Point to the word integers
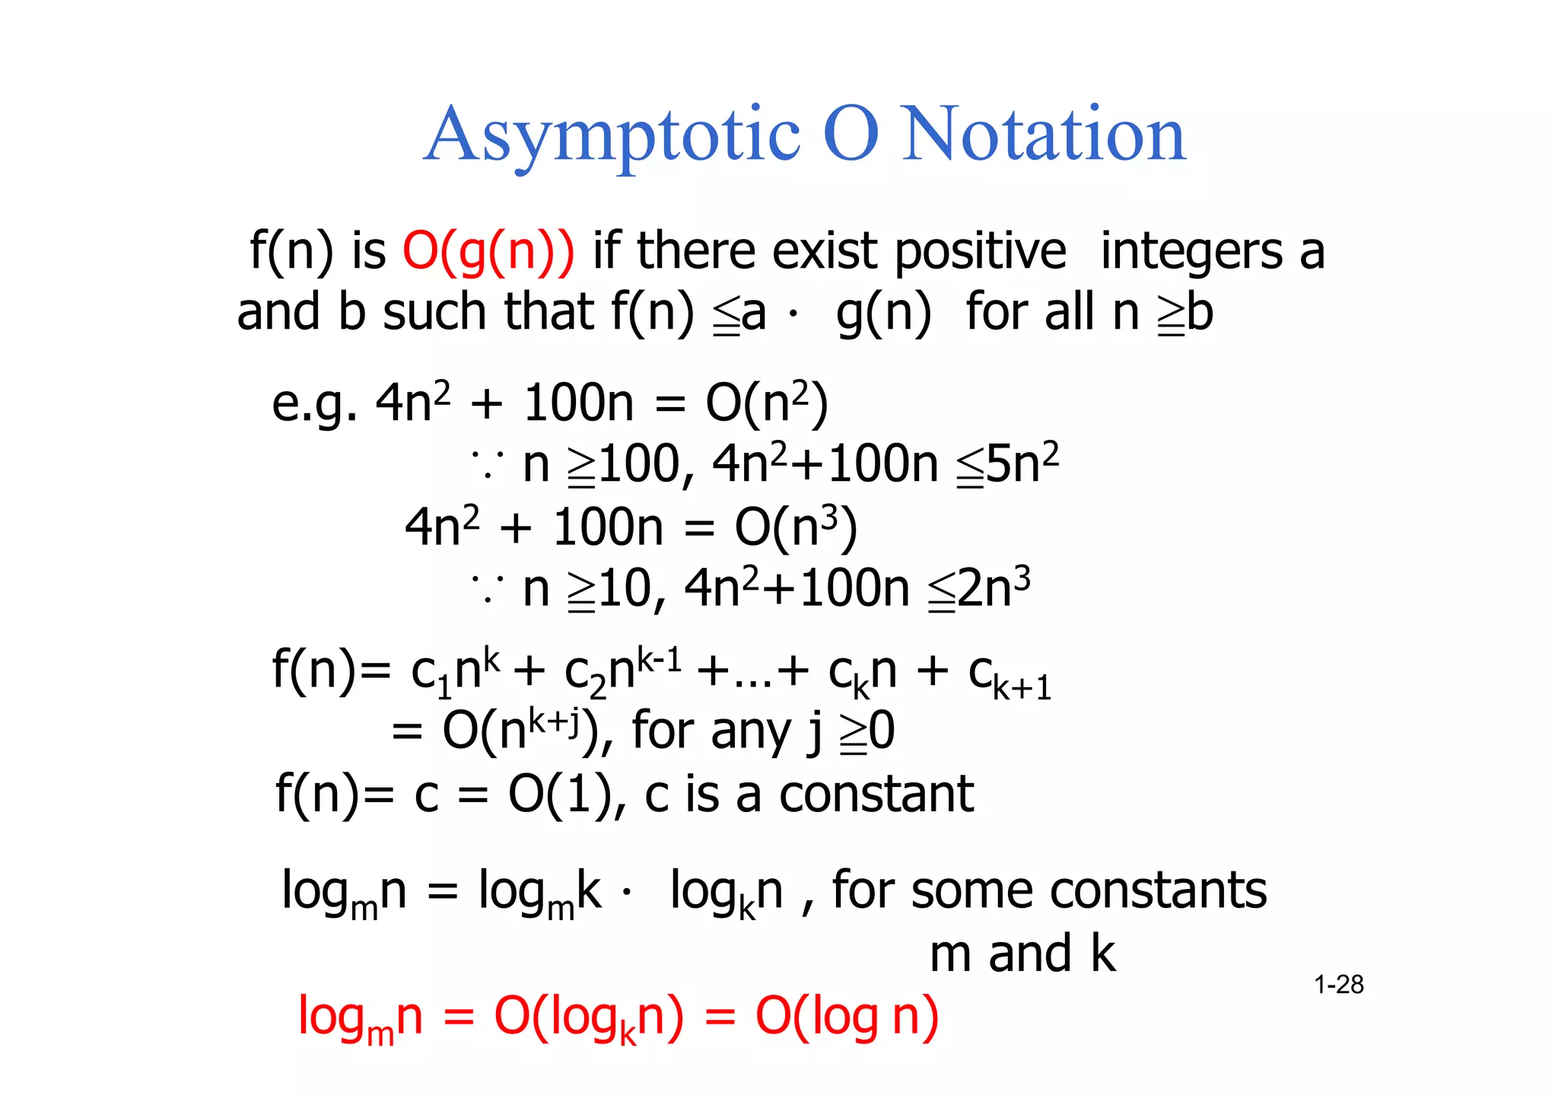tap(1191, 253)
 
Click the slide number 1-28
tap(1338, 985)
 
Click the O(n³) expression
tap(796, 527)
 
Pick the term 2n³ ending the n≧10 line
tap(993, 588)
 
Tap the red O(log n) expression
tap(847, 1017)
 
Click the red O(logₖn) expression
tap(589, 1018)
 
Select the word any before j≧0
tap(742, 733)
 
